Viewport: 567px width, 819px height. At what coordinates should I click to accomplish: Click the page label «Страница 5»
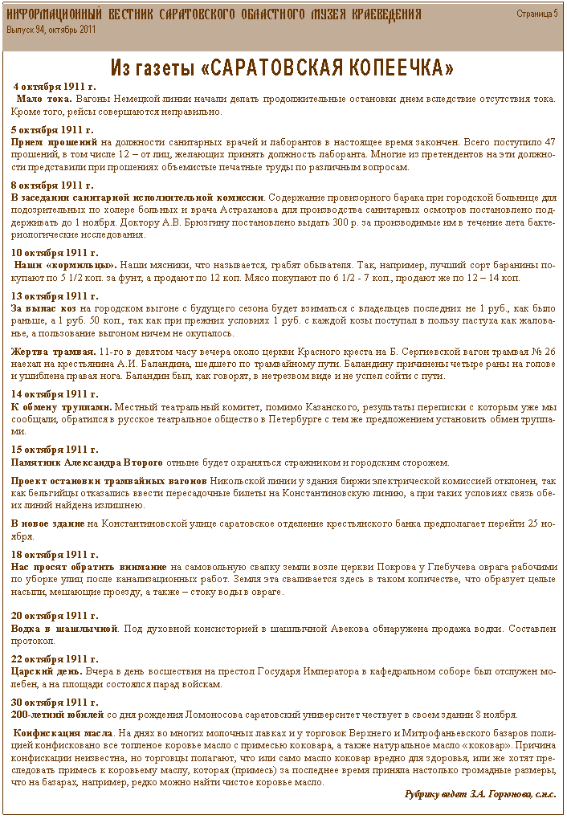pos(536,14)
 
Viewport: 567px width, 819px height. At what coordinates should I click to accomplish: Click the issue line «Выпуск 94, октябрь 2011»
pos(51,29)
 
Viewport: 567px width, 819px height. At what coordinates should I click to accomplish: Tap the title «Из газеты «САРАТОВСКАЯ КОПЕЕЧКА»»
pos(282,66)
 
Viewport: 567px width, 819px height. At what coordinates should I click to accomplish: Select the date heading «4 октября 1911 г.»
pos(55,86)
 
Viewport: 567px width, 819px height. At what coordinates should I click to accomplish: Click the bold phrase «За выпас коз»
pos(44,308)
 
